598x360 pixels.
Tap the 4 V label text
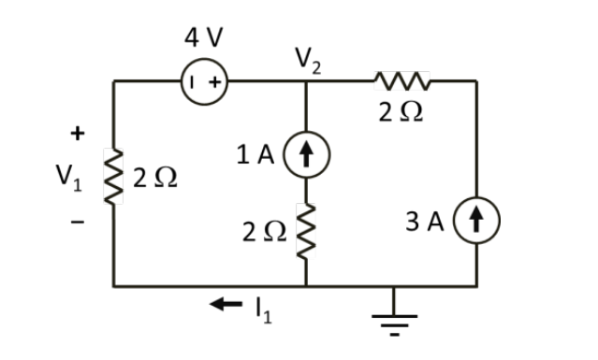(204, 39)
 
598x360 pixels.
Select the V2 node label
(306, 61)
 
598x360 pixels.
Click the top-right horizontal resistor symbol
(401, 81)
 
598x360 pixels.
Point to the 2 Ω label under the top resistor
(401, 113)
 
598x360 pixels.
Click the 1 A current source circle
(307, 156)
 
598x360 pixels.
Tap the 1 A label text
(255, 156)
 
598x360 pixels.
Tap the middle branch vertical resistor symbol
(307, 231)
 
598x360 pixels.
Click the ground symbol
(392, 314)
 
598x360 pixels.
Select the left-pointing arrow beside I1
(225, 304)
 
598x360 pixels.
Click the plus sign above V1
(77, 133)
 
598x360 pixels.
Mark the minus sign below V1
(78, 223)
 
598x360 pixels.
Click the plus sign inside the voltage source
(214, 81)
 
